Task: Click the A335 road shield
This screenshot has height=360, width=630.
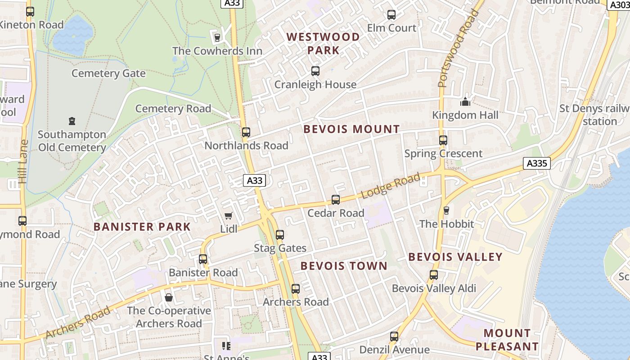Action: [x=537, y=163]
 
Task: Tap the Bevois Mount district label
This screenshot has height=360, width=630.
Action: [x=351, y=130]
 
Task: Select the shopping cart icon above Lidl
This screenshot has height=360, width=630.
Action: [x=229, y=216]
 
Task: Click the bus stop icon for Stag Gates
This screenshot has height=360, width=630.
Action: [x=280, y=235]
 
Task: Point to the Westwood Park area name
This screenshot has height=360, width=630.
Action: [x=323, y=43]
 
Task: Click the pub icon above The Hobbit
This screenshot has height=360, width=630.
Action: [x=446, y=211]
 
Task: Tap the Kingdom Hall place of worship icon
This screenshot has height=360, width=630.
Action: [x=465, y=102]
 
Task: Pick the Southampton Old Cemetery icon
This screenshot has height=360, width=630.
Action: [x=72, y=121]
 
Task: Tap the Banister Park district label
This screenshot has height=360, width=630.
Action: [x=142, y=227]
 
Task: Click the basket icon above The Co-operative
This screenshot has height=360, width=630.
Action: [x=169, y=297]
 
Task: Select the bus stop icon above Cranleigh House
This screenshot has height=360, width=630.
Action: [x=315, y=71]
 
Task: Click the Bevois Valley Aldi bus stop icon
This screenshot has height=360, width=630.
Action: [x=434, y=275]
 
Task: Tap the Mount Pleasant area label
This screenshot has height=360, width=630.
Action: [x=507, y=340]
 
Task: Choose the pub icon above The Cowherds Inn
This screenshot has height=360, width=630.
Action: [x=217, y=37]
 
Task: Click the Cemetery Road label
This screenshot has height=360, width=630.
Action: [x=173, y=108]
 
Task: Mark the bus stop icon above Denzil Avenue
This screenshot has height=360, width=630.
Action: [x=394, y=337]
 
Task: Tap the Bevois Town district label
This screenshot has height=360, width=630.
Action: [x=344, y=266]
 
